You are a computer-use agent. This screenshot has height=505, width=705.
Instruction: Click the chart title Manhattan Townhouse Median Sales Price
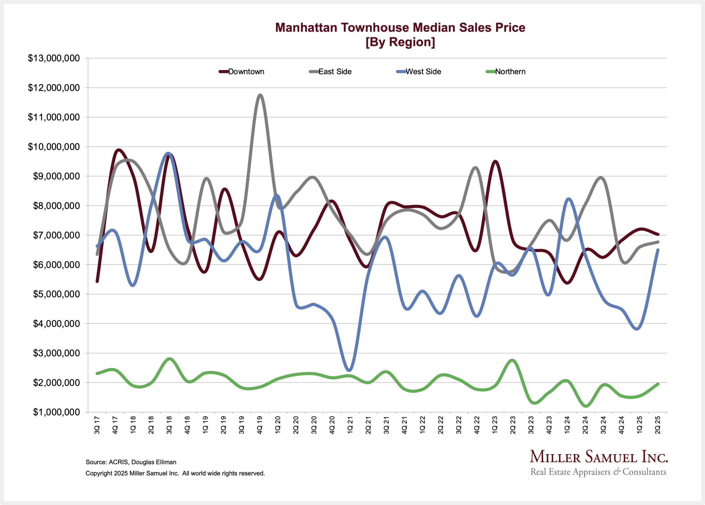[400, 27]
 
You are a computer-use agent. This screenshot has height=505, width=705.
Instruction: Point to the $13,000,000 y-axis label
[54, 58]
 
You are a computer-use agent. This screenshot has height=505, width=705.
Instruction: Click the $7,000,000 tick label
[54, 235]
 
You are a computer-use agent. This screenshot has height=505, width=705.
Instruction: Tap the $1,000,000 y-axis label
[54, 412]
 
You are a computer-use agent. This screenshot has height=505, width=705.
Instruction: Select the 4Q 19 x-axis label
[260, 425]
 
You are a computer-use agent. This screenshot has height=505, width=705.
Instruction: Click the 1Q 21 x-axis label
[350, 425]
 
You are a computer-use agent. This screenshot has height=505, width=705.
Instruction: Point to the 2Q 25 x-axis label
[658, 425]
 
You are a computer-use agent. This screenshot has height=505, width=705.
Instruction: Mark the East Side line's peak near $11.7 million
[260, 95]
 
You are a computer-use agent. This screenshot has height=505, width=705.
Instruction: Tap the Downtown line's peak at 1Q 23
[495, 162]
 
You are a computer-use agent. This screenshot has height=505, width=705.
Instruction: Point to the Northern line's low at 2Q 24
[586, 406]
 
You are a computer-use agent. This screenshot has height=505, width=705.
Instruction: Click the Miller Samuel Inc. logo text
[599, 457]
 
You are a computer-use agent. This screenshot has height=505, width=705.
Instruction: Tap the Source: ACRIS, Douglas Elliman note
[131, 462]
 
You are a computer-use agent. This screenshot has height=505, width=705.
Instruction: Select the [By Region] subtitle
[400, 42]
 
